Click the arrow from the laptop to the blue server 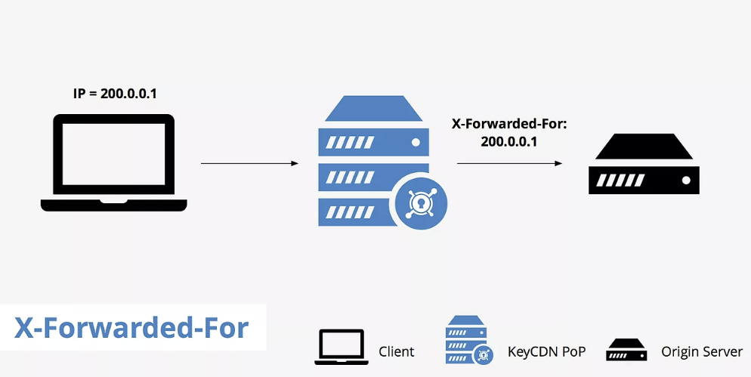(249, 162)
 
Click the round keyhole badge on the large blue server (421, 202)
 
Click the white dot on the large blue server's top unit (415, 141)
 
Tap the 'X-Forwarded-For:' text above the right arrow (508, 123)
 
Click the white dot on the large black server (686, 181)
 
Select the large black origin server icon (644, 166)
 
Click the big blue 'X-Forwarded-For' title (131, 328)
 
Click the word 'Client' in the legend (396, 351)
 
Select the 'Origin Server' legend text (702, 351)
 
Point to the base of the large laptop (113, 205)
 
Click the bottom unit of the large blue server (355, 211)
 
